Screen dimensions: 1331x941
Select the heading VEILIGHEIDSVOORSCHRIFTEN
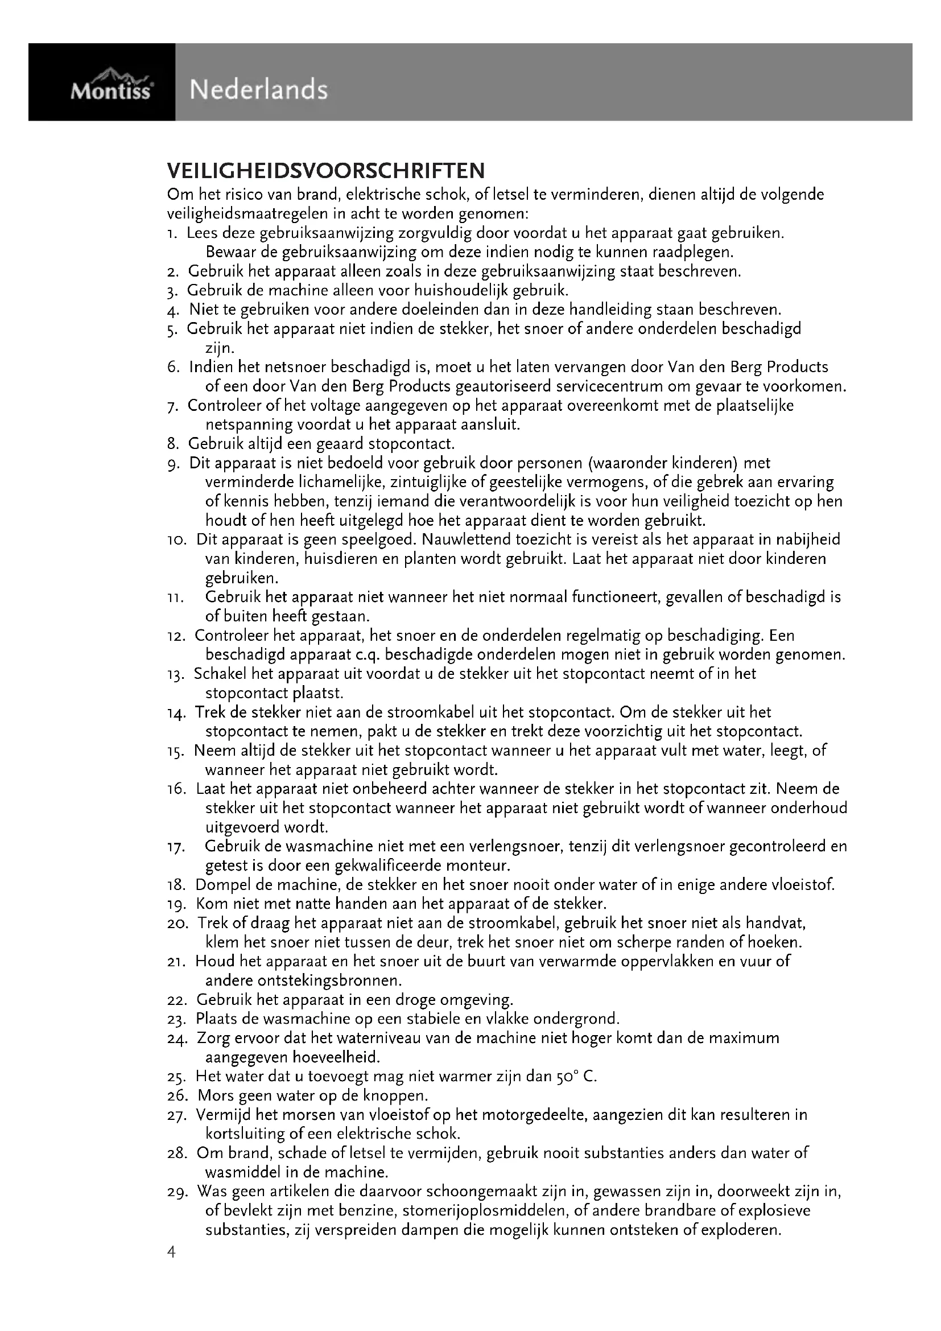coord(325,171)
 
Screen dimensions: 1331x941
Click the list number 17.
coord(176,847)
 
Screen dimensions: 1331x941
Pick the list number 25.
coord(176,1077)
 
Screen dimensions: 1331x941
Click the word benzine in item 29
coord(368,1211)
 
